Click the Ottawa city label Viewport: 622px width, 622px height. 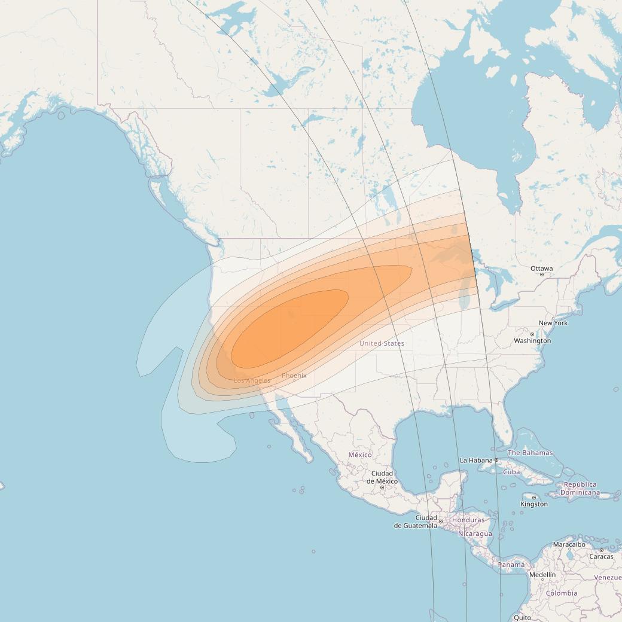[x=541, y=269]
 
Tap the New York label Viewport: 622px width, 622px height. [x=553, y=323]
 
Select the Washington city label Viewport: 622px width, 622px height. [x=532, y=341]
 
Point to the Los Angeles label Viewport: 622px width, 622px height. [x=252, y=380]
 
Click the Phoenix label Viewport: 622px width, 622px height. [x=294, y=376]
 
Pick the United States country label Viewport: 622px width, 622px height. [x=382, y=343]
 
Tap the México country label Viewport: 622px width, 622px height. [x=360, y=455]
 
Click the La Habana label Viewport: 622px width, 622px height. [x=475, y=461]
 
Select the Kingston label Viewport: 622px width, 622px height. [x=534, y=504]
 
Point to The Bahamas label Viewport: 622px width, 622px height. [x=530, y=453]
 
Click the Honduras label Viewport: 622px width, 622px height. [x=468, y=520]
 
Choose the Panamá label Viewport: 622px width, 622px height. [x=511, y=565]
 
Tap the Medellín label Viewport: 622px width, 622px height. [x=542, y=575]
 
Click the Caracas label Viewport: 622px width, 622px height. [x=601, y=556]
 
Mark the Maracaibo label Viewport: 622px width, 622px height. [x=569, y=545]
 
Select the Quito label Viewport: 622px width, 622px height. [x=522, y=617]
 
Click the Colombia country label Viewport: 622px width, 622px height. [x=562, y=593]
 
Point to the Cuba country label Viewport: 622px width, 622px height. [x=511, y=472]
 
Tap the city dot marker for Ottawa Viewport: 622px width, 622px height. [x=542, y=275]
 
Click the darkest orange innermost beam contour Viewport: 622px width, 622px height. [x=287, y=329]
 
